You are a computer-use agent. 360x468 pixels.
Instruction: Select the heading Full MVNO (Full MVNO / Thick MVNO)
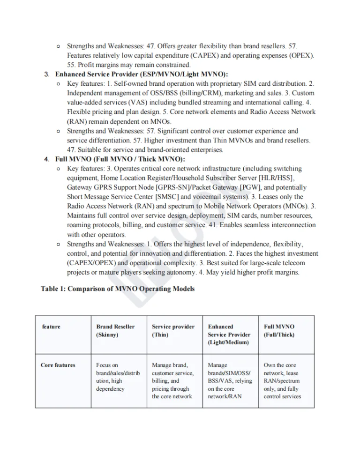click(113, 159)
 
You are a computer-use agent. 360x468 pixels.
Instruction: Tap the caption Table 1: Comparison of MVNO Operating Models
click(118, 289)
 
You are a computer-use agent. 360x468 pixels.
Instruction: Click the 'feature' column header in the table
click(51, 327)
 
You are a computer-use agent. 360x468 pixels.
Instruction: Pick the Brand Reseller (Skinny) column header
click(115, 331)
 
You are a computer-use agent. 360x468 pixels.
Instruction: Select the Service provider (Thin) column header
click(173, 331)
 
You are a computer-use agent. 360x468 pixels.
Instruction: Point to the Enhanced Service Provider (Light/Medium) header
click(229, 334)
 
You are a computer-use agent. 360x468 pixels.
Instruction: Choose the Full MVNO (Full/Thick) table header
click(279, 331)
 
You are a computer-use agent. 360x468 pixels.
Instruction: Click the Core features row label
click(58, 365)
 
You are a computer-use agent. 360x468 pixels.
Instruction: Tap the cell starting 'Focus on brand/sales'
click(115, 377)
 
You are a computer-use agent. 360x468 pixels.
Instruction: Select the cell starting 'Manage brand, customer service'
click(173, 380)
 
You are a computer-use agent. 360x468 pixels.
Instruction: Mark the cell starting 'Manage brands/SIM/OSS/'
click(230, 380)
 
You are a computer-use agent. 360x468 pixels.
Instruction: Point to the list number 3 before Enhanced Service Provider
click(47, 74)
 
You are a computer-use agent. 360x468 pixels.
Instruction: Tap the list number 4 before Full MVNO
click(47, 159)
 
